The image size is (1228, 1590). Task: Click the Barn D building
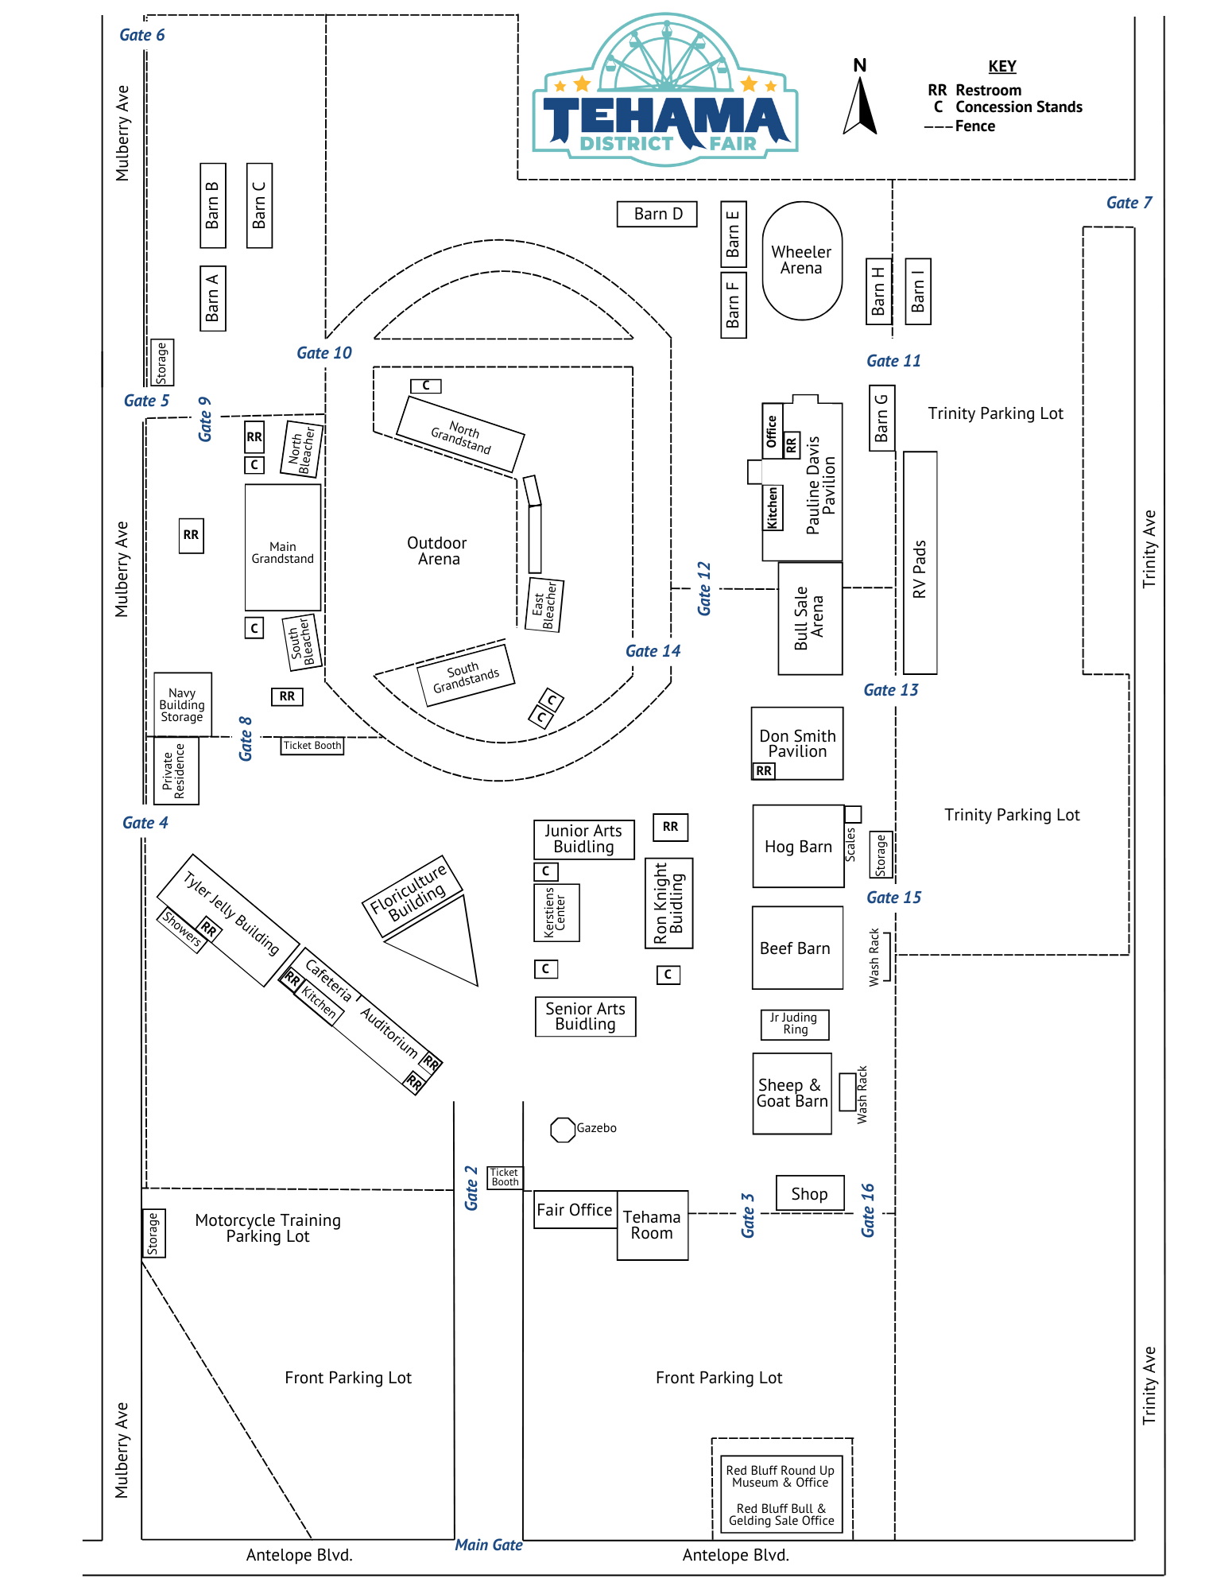pos(657,214)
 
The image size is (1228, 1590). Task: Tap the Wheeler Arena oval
pos(801,261)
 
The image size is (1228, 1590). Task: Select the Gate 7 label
pos(1128,203)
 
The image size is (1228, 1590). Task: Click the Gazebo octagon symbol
pos(562,1130)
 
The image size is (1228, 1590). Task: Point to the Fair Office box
pos(575,1210)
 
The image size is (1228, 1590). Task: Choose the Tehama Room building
pos(652,1225)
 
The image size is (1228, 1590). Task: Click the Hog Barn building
pos(798,847)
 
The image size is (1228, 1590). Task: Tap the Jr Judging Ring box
pos(794,1024)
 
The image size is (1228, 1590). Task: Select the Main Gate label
pos(488,1545)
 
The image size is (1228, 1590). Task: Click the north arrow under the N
pos(860,107)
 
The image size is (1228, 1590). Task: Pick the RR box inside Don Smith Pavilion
pos(763,771)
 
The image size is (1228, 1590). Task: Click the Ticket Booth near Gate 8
pos(312,746)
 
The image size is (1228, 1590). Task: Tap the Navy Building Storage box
pos(182,705)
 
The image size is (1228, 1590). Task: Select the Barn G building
pos(881,418)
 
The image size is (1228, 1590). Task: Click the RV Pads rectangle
pos(920,563)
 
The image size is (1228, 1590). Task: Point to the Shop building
pos(809,1194)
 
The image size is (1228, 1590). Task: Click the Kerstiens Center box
pos(556,913)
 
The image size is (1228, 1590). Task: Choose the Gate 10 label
pos(323,353)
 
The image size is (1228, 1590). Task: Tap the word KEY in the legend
pos(1001,67)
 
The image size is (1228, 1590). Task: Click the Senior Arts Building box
pos(585,1017)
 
